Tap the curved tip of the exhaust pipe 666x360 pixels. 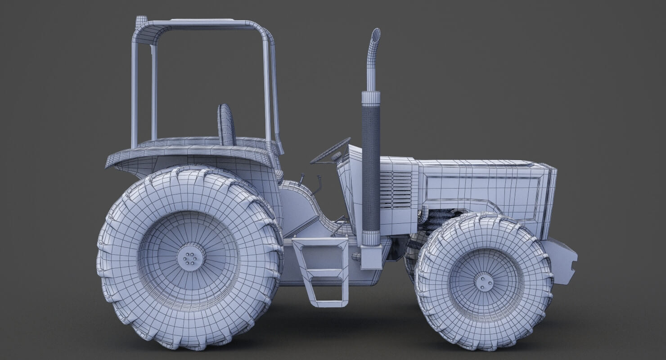[x=375, y=36]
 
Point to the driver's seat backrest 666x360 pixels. [x=226, y=125]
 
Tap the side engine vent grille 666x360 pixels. [x=396, y=189]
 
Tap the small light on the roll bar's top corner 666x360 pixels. [x=141, y=20]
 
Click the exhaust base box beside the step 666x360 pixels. [x=371, y=257]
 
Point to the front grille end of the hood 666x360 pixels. [x=551, y=198]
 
